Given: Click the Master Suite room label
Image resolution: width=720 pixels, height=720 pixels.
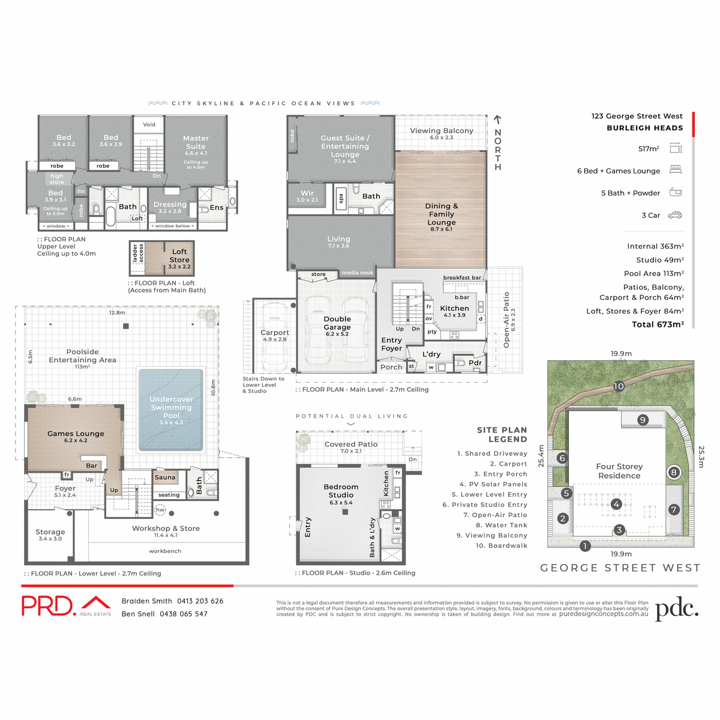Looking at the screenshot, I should click(x=196, y=142).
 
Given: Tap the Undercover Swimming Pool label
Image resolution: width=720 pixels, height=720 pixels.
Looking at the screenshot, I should click(x=171, y=407).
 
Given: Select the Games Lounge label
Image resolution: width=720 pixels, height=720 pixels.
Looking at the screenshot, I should click(x=76, y=433).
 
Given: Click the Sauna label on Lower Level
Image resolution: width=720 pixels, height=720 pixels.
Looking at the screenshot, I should click(x=165, y=478).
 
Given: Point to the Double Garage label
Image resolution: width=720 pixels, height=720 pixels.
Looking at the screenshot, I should click(x=337, y=323).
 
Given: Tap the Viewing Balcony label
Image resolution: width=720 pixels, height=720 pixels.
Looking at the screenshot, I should click(x=442, y=131).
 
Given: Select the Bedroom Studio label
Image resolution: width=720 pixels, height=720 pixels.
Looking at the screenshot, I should click(x=341, y=491).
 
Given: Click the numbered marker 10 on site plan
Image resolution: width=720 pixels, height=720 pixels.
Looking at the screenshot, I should click(x=619, y=386).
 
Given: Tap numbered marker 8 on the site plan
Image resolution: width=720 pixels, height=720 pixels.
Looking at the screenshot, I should click(x=674, y=472).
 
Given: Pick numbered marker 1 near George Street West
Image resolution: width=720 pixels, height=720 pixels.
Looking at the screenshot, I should click(x=585, y=546).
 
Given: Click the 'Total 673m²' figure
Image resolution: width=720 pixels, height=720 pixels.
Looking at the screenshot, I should click(x=658, y=325).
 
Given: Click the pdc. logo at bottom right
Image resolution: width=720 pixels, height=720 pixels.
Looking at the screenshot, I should click(x=677, y=608).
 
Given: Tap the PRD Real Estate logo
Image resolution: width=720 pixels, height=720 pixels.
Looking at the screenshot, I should click(x=67, y=605).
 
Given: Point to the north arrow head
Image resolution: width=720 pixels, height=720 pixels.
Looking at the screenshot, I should click(x=497, y=119).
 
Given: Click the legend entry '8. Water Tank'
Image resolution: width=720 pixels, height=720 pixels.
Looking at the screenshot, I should click(x=502, y=525).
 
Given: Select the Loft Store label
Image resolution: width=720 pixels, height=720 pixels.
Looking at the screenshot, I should click(x=179, y=256).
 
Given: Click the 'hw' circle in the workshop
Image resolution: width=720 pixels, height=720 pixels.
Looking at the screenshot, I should click(x=160, y=510).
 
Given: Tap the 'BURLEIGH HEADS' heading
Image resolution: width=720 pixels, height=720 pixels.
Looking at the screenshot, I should click(x=644, y=128).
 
